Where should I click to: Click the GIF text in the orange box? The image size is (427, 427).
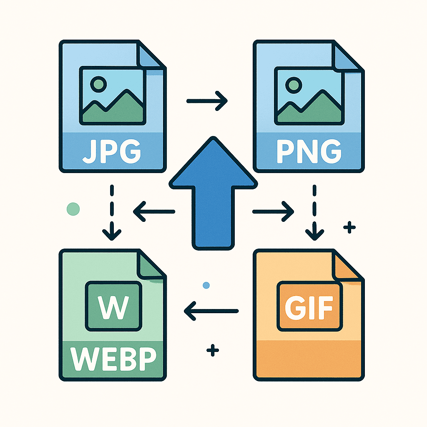(x=309, y=307)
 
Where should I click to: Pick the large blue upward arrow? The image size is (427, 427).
(x=213, y=196)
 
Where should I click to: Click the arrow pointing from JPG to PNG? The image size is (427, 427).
(x=207, y=100)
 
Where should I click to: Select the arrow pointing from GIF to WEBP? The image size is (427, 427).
(x=211, y=310)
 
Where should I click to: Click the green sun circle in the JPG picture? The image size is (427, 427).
(x=98, y=83)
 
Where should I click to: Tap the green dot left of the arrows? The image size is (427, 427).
(x=73, y=208)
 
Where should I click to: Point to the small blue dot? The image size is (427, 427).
(x=205, y=285)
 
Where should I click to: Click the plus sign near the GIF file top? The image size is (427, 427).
(x=349, y=227)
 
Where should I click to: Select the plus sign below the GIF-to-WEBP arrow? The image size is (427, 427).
(x=213, y=351)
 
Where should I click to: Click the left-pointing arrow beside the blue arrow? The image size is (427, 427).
(x=154, y=212)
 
